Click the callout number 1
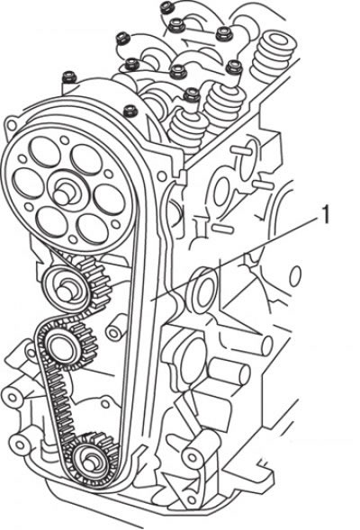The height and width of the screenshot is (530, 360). click(x=325, y=215)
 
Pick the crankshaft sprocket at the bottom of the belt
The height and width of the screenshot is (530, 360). click(x=91, y=461)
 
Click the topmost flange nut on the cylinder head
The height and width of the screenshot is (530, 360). click(x=166, y=7)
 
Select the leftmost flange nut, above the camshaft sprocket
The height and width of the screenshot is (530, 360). click(x=69, y=77)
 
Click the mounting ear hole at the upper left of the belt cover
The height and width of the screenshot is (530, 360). click(x=11, y=125)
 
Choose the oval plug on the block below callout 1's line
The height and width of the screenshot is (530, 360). click(x=203, y=291)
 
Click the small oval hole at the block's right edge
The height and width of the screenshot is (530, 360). click(x=295, y=276)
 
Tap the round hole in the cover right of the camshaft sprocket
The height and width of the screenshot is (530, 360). click(x=162, y=176)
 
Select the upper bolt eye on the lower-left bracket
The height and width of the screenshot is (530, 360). click(x=13, y=397)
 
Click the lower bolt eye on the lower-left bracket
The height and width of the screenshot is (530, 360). click(x=19, y=445)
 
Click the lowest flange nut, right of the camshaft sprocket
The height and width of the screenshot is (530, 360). click(x=130, y=111)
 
